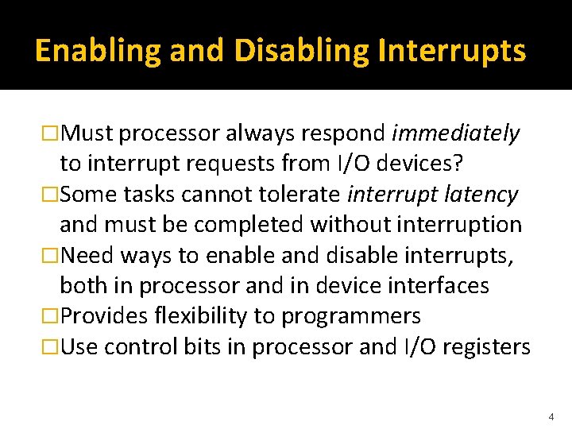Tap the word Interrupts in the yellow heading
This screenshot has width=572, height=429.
click(452, 51)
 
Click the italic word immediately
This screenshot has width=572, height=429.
click(456, 133)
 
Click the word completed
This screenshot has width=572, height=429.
click(249, 225)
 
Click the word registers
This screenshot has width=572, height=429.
click(483, 346)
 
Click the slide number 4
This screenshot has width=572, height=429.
click(550, 415)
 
